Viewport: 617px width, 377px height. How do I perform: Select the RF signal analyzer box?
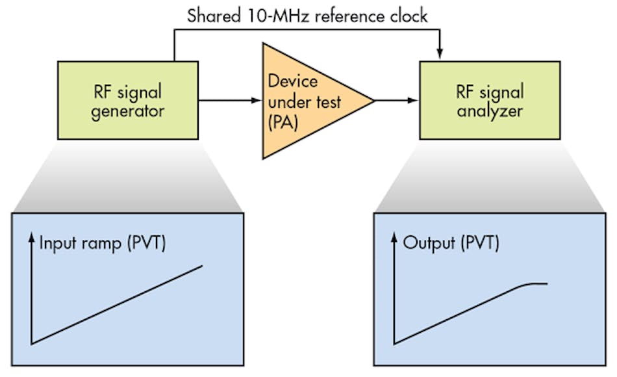490,100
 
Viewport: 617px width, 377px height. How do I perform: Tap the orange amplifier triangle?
305,101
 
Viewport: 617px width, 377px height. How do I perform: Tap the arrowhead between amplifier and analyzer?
414,101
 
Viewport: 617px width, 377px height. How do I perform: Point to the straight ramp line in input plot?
117,304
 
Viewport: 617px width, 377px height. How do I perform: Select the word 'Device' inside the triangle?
293,82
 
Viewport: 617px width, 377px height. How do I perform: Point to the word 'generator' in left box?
127,110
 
